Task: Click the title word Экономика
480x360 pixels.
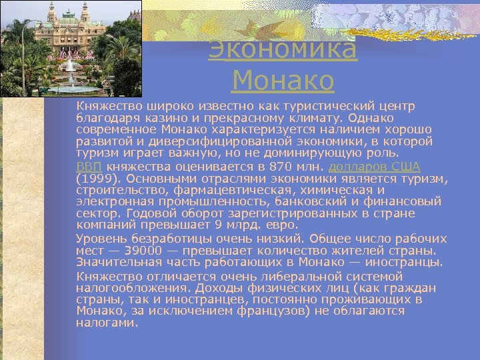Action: click(283, 50)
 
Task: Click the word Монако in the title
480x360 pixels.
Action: click(283, 81)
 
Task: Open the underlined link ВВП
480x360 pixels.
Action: click(89, 166)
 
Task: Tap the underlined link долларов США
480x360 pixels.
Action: click(374, 166)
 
